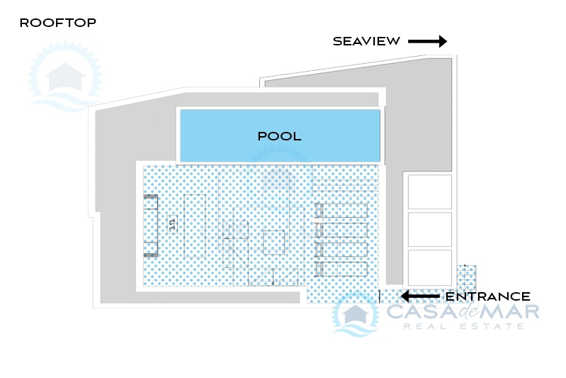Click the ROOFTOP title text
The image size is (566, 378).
point(58,23)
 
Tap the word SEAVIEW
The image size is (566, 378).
point(366,41)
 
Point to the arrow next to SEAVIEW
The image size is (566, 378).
point(427,41)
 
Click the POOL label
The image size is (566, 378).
point(279,136)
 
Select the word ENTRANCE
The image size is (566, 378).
point(487,296)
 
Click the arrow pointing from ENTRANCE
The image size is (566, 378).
point(420,296)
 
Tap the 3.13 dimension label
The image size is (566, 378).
point(173,224)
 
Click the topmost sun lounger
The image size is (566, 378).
point(341,211)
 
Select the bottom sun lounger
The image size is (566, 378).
point(341,269)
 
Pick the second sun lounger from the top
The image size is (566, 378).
point(341,230)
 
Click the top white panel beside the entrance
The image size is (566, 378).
point(429,192)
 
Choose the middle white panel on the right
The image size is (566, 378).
point(429,230)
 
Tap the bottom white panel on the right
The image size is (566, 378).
point(429,268)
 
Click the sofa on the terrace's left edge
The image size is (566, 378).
point(150,226)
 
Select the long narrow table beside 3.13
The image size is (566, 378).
point(195,226)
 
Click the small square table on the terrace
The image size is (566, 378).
point(273,242)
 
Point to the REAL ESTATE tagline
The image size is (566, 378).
point(464,326)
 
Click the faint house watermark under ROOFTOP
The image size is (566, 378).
point(65,77)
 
